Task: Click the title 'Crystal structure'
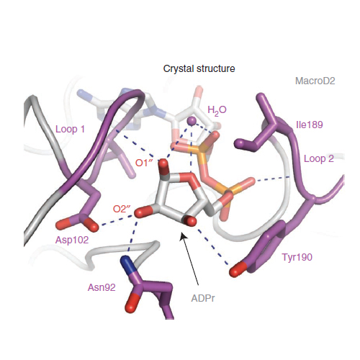click(x=199, y=69)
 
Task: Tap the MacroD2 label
click(x=315, y=81)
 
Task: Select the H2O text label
click(x=217, y=110)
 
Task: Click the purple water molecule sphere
click(x=192, y=121)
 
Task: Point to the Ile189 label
click(x=310, y=125)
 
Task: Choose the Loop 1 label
click(x=70, y=129)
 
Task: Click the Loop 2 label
click(x=319, y=158)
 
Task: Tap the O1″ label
click(x=144, y=163)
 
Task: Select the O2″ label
click(x=122, y=209)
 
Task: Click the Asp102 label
click(x=72, y=240)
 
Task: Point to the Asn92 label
click(x=102, y=287)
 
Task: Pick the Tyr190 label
click(x=297, y=257)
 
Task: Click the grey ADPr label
click(x=203, y=298)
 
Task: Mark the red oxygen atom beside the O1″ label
click(x=163, y=164)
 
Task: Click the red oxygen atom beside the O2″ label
click(x=142, y=212)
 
